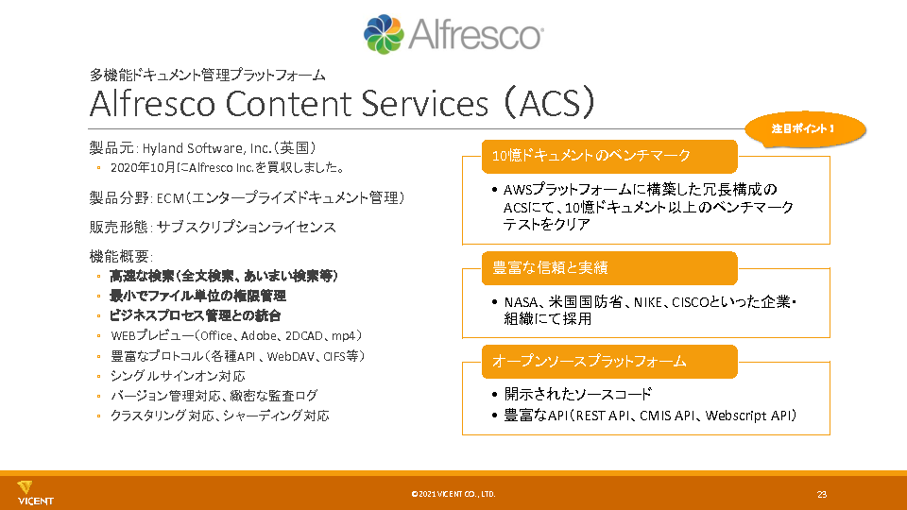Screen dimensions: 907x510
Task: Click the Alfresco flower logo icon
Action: tap(384, 34)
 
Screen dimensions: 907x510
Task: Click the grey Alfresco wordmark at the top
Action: tap(476, 35)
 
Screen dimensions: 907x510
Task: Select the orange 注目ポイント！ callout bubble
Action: tap(805, 129)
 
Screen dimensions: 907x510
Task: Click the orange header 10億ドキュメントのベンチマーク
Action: tap(609, 156)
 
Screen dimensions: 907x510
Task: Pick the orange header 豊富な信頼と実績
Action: tap(609, 267)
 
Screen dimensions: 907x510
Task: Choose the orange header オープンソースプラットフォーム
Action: tap(609, 362)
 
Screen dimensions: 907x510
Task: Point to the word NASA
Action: tap(522, 302)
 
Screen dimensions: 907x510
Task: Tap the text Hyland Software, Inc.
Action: tap(207, 148)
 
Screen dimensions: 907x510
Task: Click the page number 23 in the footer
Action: tap(822, 494)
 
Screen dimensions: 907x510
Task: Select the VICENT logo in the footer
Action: tap(35, 493)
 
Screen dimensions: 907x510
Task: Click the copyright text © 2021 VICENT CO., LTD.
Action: tap(453, 494)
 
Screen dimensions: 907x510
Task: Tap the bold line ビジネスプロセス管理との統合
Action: tap(195, 315)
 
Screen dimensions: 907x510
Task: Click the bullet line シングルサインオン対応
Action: tap(178, 377)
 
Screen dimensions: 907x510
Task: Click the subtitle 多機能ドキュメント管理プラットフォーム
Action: tap(207, 76)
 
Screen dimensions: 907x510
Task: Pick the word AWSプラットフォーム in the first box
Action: tap(573, 190)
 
